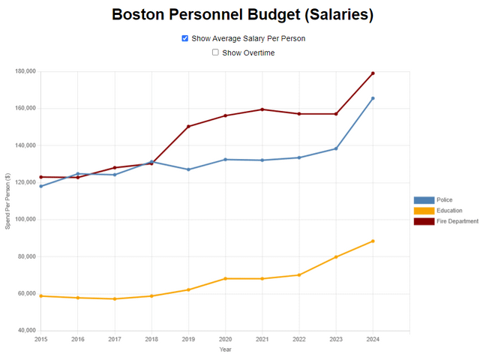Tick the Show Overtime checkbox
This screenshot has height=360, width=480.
pyautogui.click(x=215, y=52)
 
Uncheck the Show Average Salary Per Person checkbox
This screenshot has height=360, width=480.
pyautogui.click(x=185, y=38)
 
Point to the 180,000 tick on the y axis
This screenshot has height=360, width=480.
pyautogui.click(x=25, y=71)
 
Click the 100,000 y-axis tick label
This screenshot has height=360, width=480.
pyautogui.click(x=25, y=220)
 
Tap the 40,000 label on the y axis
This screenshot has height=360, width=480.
pyautogui.click(x=26, y=331)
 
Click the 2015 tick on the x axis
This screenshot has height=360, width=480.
pyautogui.click(x=40, y=339)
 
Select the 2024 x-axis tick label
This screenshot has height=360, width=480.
pyautogui.click(x=373, y=339)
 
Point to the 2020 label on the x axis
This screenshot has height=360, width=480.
pyautogui.click(x=225, y=339)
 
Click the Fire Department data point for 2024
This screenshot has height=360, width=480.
pyautogui.click(x=373, y=73)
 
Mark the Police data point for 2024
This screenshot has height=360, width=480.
pyautogui.click(x=373, y=98)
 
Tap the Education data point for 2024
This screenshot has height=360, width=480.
pyautogui.click(x=373, y=241)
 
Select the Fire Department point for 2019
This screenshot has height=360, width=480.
pyautogui.click(x=188, y=126)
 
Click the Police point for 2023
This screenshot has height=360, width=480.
pyautogui.click(x=336, y=148)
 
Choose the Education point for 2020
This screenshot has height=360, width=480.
pyautogui.click(x=225, y=278)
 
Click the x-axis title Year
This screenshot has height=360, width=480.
pyautogui.click(x=225, y=349)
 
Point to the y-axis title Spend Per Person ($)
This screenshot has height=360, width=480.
pyautogui.click(x=7, y=201)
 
